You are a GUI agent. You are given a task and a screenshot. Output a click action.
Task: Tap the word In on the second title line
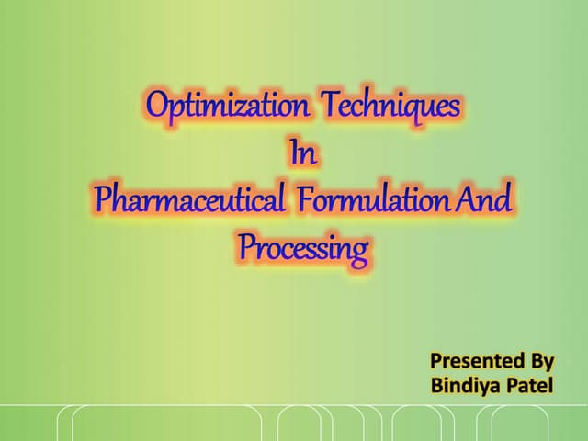point(303,153)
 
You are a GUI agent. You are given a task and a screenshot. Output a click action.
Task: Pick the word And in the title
point(485,200)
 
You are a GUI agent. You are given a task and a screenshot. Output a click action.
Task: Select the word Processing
point(303,248)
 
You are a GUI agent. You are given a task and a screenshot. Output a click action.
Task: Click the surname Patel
point(528,383)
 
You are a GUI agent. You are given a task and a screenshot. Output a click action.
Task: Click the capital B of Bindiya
point(436,383)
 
